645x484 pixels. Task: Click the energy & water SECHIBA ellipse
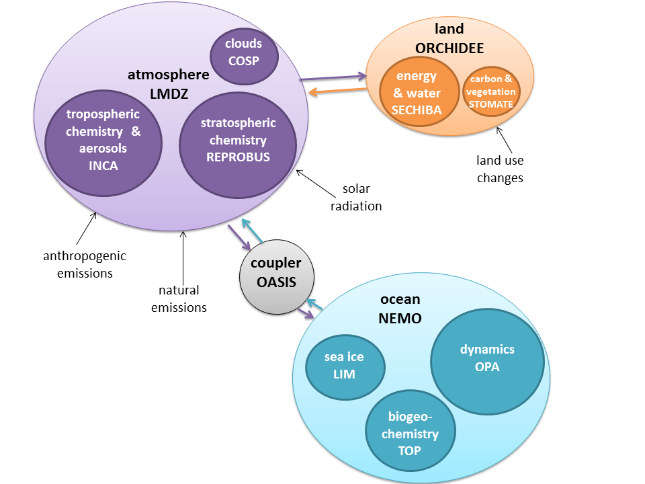pyautogui.click(x=417, y=93)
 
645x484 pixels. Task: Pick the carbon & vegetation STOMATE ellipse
pyautogui.click(x=491, y=91)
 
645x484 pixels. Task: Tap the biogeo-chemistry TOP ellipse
pyautogui.click(x=410, y=433)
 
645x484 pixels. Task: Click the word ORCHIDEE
pyautogui.click(x=449, y=48)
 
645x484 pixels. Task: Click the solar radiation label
pyautogui.click(x=355, y=198)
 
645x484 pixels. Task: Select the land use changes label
pyautogui.click(x=500, y=169)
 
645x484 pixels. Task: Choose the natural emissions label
pyautogui.click(x=179, y=299)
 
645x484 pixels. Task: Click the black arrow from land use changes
pyautogui.click(x=505, y=140)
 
